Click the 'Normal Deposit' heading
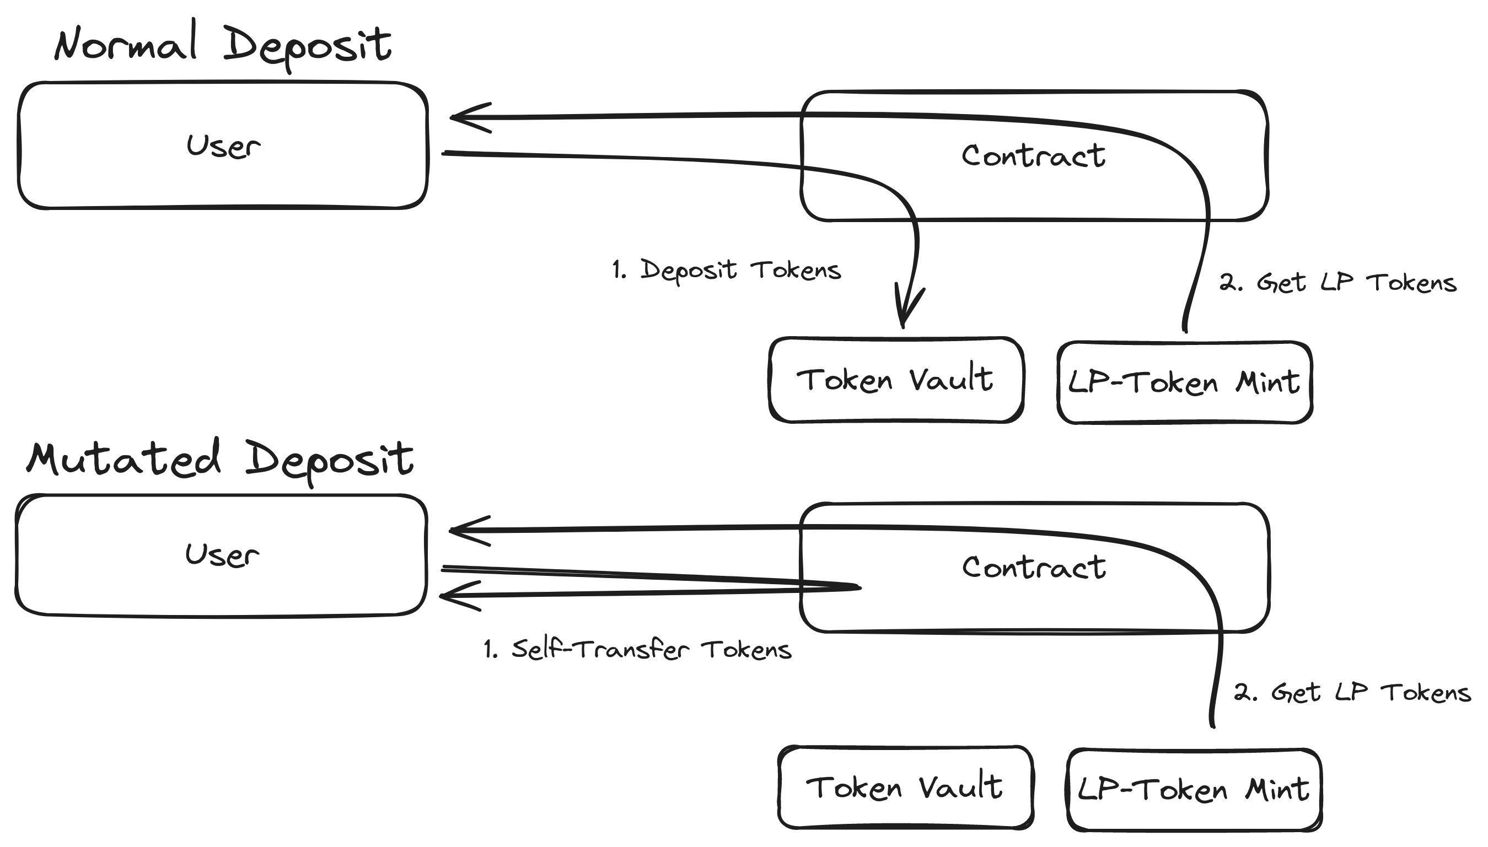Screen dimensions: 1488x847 pos(223,45)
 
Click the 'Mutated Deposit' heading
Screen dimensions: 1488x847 pos(220,459)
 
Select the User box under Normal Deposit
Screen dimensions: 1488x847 pos(223,145)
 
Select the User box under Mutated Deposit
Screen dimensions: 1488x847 pos(221,555)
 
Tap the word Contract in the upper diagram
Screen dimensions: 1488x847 pos(1033,156)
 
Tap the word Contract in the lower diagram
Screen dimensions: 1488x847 pos(1034,567)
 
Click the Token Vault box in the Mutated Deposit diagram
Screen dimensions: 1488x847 pos(905,787)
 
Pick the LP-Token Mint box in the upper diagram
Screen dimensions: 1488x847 pos(1184,383)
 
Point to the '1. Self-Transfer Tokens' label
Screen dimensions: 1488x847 pos(637,649)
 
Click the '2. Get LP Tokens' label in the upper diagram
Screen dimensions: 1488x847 pos(1337,283)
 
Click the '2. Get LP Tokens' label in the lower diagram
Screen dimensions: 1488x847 pos(1352,692)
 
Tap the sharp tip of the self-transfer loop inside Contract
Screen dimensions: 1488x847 pos(859,587)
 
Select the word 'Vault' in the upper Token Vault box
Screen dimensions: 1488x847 pos(951,380)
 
